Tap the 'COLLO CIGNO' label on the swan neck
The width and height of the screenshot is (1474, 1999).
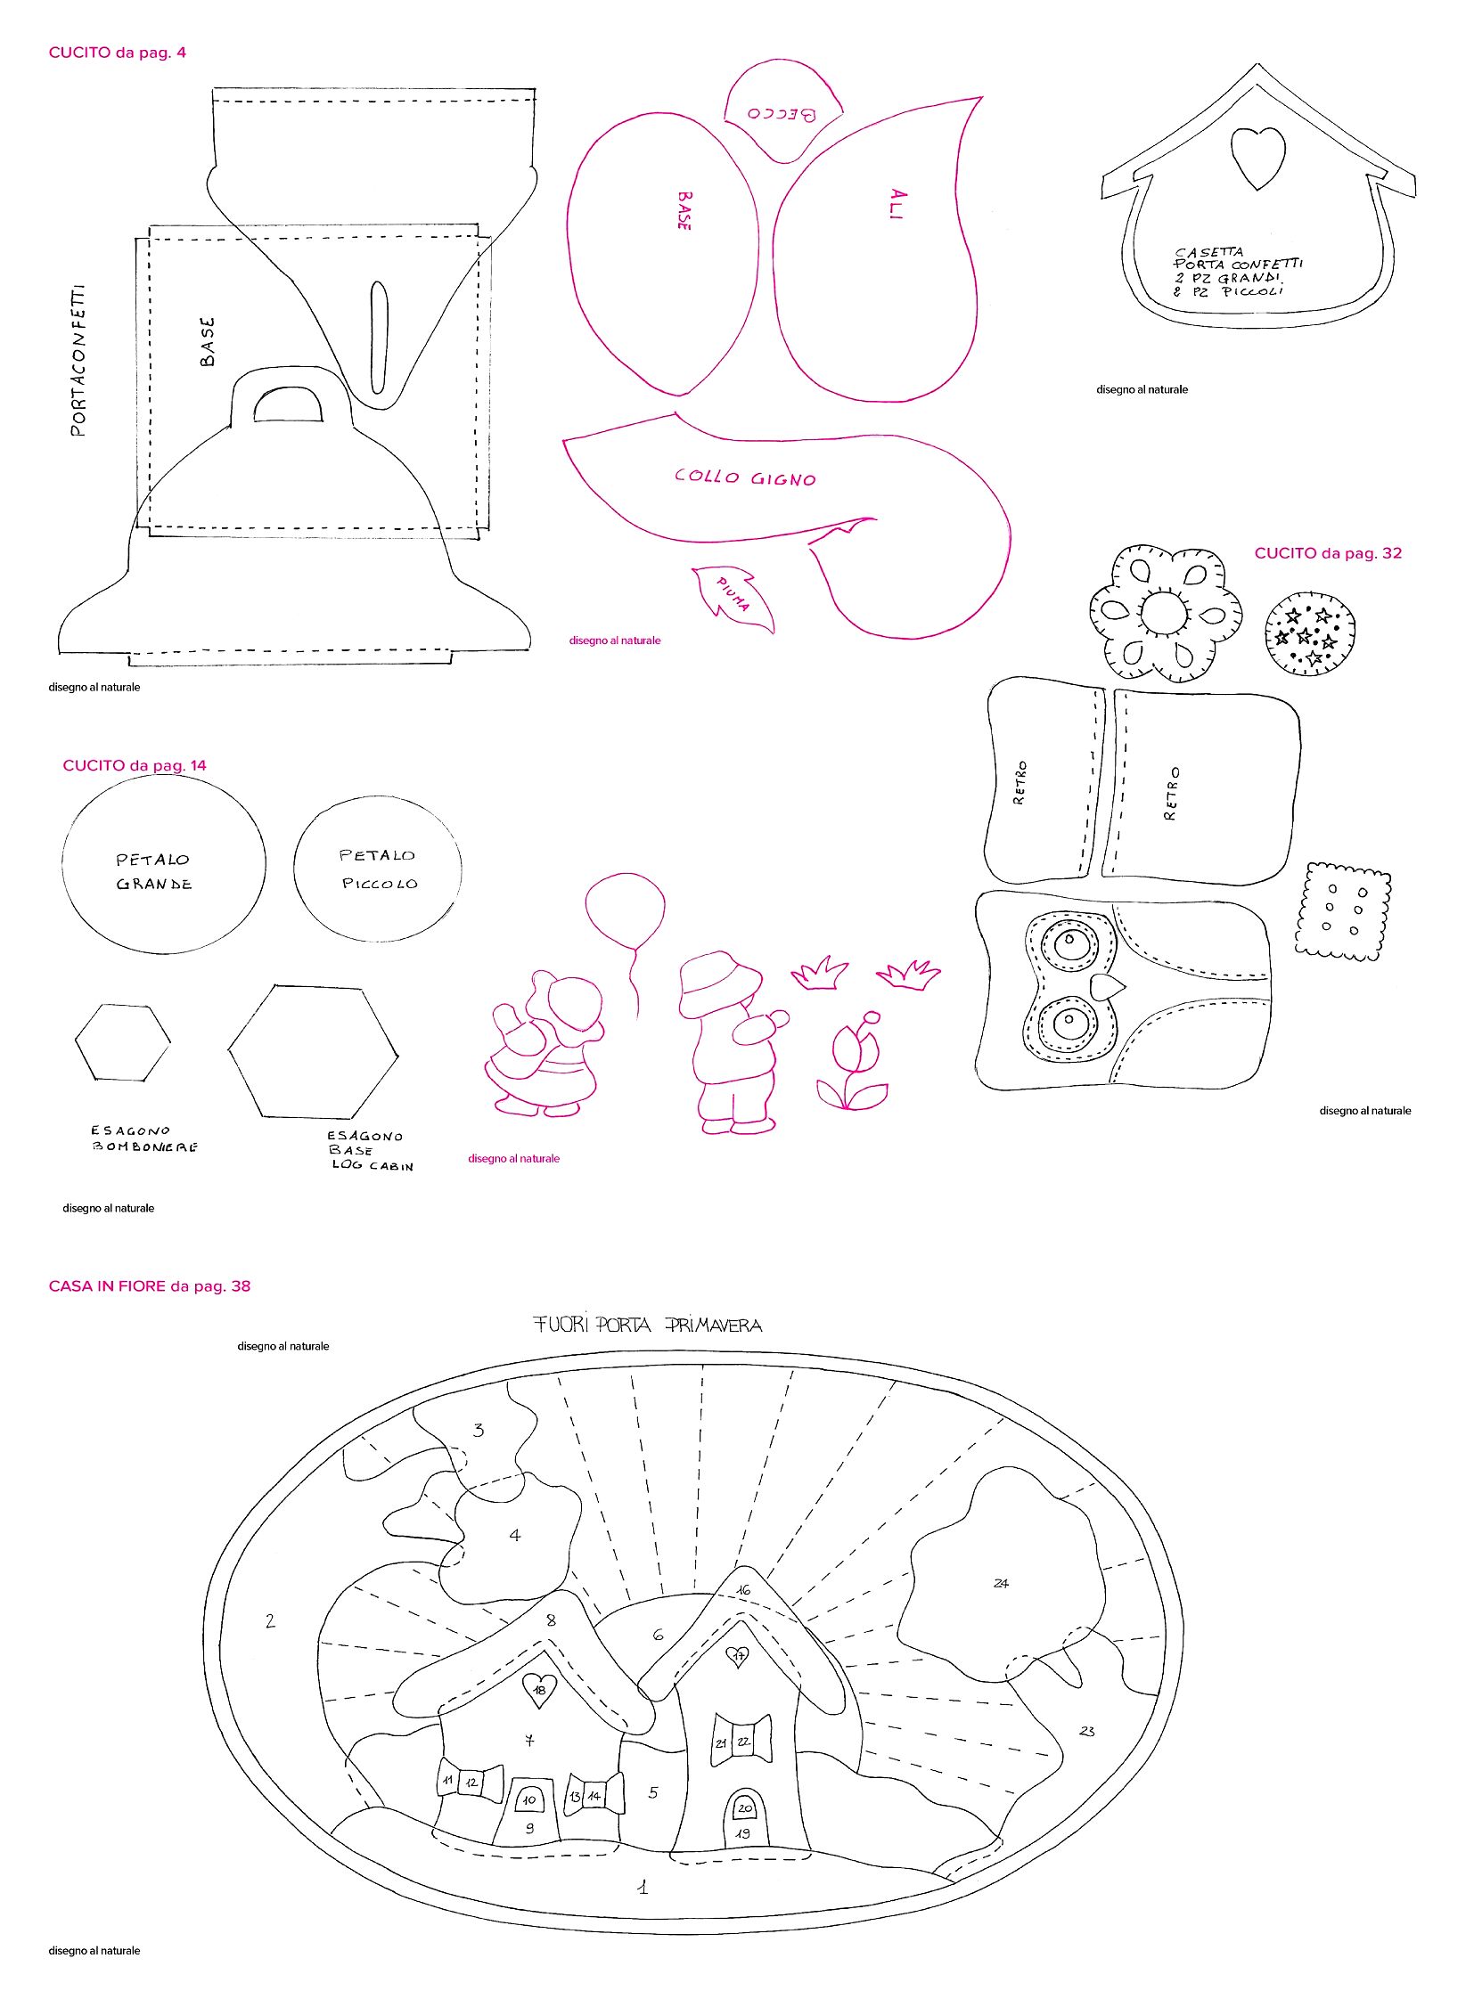tap(745, 477)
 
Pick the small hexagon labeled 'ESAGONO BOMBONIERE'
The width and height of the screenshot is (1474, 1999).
tap(122, 1042)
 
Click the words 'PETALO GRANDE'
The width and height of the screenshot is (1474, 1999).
tap(153, 871)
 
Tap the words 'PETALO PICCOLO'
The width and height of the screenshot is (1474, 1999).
tap(379, 869)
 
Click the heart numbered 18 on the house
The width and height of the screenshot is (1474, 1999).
tap(539, 1688)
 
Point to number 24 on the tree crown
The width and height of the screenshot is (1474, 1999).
tap(1001, 1583)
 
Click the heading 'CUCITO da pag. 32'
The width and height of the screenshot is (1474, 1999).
tap(1328, 553)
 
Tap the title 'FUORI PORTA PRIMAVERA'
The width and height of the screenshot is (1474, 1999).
tap(648, 1325)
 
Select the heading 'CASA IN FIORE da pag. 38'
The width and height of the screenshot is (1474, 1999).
tap(150, 1285)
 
